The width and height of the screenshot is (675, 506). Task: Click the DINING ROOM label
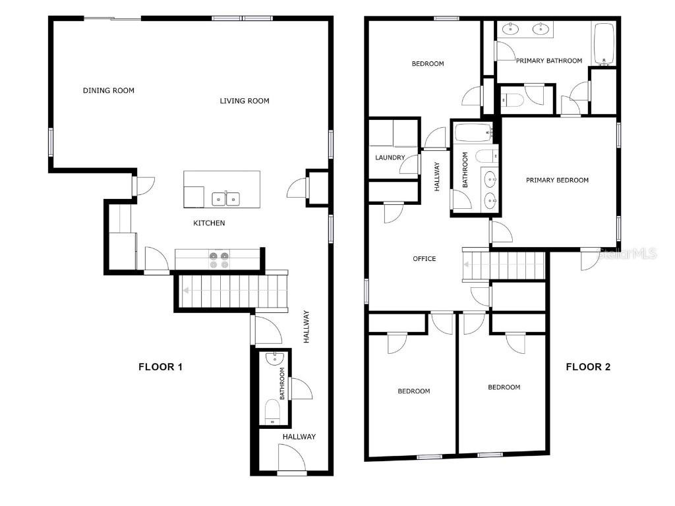click(x=109, y=90)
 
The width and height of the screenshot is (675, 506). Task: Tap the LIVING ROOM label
click(x=244, y=101)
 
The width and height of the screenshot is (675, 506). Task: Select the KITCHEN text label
click(x=209, y=223)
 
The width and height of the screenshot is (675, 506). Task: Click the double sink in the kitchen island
click(x=225, y=198)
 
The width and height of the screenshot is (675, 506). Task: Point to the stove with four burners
click(x=220, y=260)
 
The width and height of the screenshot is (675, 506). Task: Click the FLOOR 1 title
click(x=160, y=367)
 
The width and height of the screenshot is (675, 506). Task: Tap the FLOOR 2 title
click(x=588, y=367)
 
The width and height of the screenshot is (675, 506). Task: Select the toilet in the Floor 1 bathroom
click(x=273, y=411)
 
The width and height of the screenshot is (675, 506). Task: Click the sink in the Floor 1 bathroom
click(x=274, y=358)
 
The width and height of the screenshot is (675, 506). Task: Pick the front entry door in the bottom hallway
click(x=292, y=459)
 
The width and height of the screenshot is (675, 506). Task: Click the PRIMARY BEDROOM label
click(x=557, y=180)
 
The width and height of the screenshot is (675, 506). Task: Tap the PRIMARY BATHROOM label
click(x=549, y=61)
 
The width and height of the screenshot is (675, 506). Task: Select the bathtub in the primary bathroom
click(x=604, y=43)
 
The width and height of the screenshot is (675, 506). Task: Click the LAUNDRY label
click(x=390, y=157)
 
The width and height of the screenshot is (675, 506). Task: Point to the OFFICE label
click(x=425, y=259)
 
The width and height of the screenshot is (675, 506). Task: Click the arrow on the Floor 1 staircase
click(x=187, y=290)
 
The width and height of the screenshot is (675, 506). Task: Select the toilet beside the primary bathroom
click(x=513, y=100)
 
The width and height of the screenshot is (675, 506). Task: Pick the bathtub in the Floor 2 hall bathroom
click(x=473, y=132)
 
